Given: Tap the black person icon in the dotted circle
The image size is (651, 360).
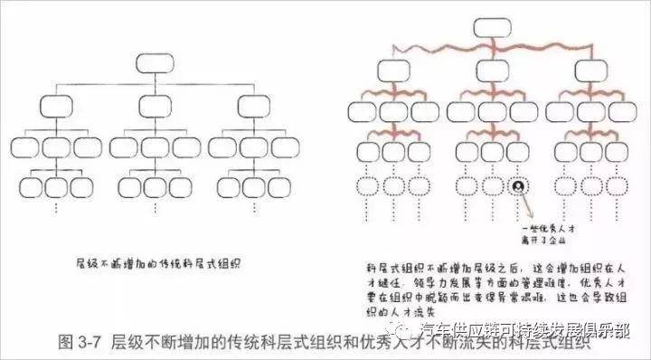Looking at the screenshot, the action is pos(517,186).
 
